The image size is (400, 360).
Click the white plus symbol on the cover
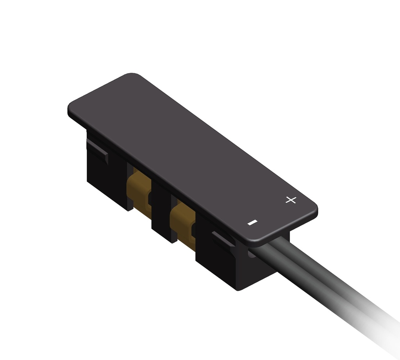pyautogui.click(x=291, y=200)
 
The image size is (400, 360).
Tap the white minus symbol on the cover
pyautogui.click(x=253, y=223)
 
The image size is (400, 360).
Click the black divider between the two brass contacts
pyautogui.click(x=161, y=211)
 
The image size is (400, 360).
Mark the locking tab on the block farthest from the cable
pyautogui.click(x=98, y=150)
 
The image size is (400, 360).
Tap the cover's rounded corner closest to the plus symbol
pyautogui.click(x=312, y=207)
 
